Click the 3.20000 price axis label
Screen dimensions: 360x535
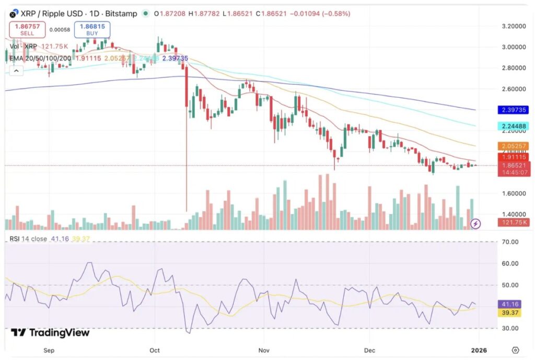pyautogui.click(x=513, y=26)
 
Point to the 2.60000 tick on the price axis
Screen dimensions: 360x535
pyautogui.click(x=513, y=89)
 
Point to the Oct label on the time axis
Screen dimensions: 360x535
pyautogui.click(x=154, y=350)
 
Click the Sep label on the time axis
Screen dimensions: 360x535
pyautogui.click(x=49, y=350)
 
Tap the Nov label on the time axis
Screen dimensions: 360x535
pyautogui.click(x=264, y=350)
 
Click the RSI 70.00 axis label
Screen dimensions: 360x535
pyautogui.click(x=510, y=242)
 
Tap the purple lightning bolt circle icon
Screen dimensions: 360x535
pyautogui.click(x=475, y=224)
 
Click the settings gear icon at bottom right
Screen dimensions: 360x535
pyautogui.click(x=515, y=350)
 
